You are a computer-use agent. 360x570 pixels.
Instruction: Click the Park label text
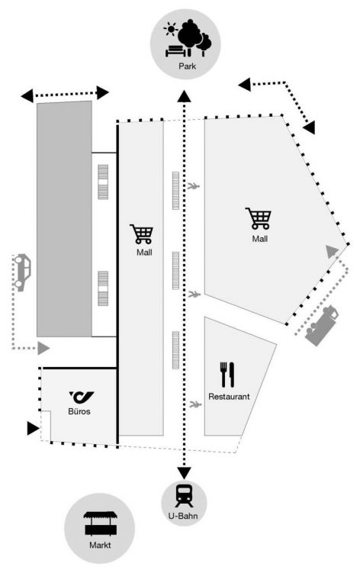click(187, 66)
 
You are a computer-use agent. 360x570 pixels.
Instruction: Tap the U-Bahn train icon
click(184, 495)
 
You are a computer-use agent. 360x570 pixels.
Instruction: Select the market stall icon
click(101, 523)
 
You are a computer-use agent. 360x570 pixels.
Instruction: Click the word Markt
click(100, 545)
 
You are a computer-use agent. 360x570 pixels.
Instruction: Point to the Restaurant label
click(229, 396)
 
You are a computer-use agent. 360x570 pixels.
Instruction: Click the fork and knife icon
click(227, 375)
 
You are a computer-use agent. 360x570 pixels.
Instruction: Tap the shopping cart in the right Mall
click(259, 218)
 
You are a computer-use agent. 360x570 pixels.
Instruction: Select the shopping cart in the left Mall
click(142, 234)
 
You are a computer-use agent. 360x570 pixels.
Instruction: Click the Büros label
click(79, 411)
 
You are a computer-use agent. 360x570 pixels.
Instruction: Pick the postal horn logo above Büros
click(82, 397)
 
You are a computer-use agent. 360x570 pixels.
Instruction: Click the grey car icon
click(22, 272)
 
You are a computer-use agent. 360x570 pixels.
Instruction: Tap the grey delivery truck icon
click(321, 326)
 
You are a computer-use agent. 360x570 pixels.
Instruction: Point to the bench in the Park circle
click(176, 51)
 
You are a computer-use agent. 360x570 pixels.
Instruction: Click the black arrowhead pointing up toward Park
click(184, 95)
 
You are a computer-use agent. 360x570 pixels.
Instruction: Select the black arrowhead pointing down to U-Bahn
click(184, 473)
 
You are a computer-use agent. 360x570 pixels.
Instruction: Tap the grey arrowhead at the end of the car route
click(43, 348)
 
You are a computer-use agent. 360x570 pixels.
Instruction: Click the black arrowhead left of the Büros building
click(33, 428)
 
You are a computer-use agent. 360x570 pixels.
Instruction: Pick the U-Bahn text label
click(183, 516)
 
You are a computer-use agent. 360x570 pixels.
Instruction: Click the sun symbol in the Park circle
click(170, 29)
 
